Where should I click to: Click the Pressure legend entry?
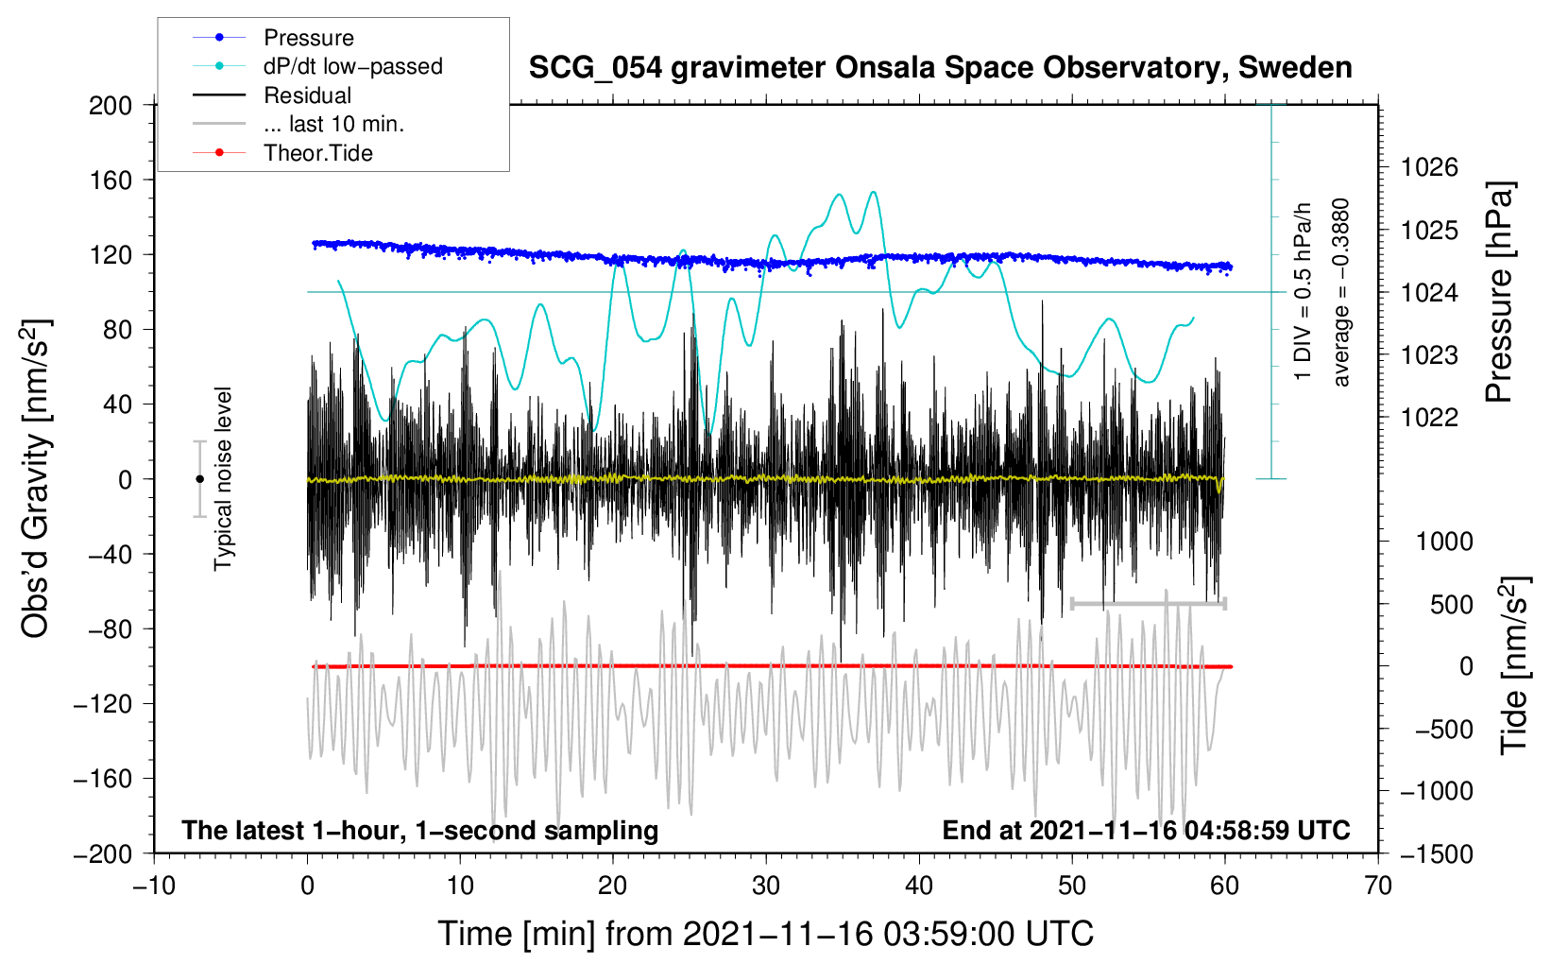(274, 37)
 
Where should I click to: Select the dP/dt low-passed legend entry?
(317, 66)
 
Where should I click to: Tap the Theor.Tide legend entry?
(282, 153)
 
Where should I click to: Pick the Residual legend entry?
(272, 95)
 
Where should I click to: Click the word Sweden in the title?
(1295, 68)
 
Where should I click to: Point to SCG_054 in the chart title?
(595, 69)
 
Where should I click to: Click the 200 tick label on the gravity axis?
(111, 106)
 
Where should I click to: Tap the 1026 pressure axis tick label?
(1429, 167)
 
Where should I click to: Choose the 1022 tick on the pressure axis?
(1429, 418)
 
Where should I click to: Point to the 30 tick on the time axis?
(766, 887)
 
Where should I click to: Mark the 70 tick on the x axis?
(1377, 887)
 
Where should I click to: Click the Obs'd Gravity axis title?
(36, 479)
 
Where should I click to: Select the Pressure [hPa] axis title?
(1499, 293)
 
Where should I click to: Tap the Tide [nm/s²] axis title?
(1515, 666)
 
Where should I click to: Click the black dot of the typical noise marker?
(199, 479)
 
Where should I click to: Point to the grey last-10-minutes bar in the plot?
(1149, 604)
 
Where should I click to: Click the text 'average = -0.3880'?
(1340, 293)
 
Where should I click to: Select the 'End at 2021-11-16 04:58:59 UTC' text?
(1146, 831)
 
